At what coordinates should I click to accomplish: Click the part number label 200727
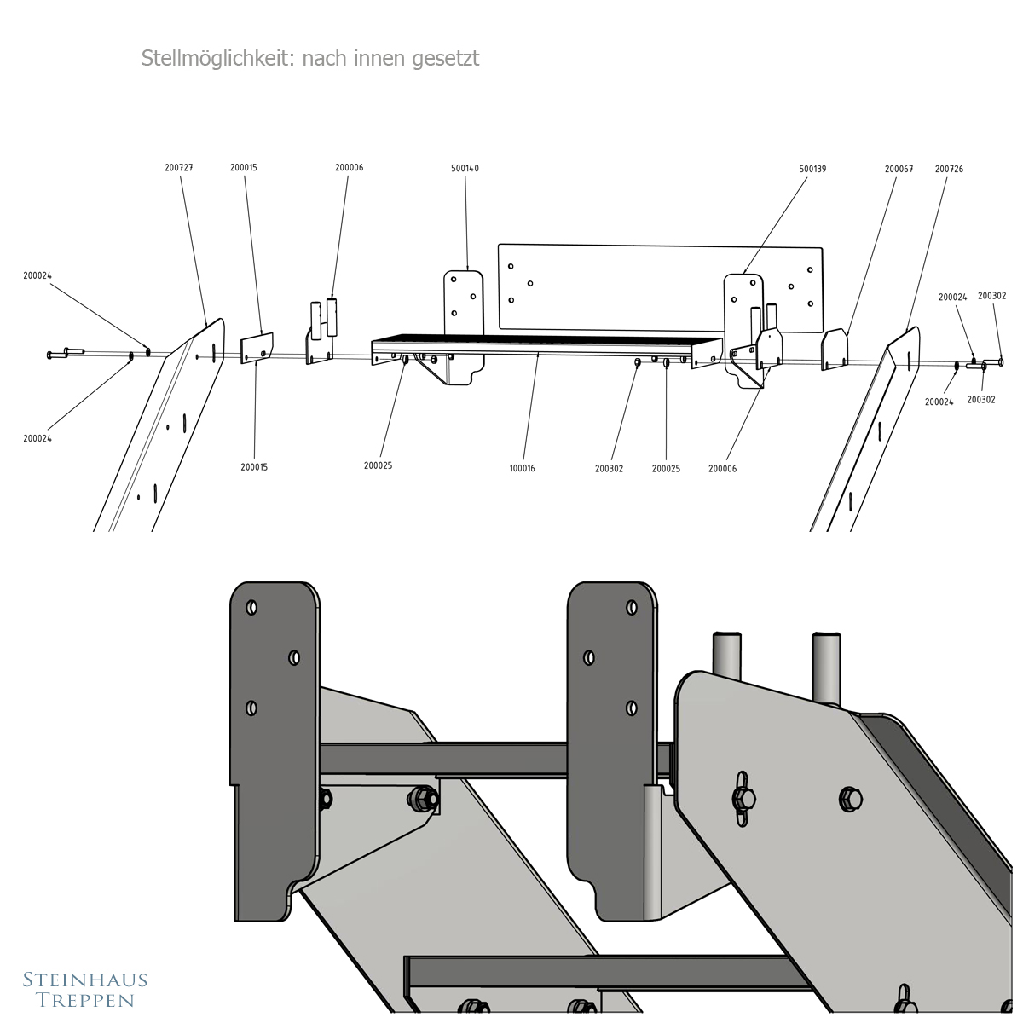click(x=179, y=168)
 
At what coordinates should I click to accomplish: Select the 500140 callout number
click(x=465, y=169)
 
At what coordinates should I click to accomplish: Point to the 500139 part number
click(x=812, y=169)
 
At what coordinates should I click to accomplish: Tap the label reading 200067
click(x=899, y=169)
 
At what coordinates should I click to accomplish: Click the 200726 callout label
click(x=949, y=169)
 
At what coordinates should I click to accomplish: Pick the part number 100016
click(x=522, y=468)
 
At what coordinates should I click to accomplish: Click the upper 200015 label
click(x=243, y=168)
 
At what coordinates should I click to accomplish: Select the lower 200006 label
click(x=722, y=468)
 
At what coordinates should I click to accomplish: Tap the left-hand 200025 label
click(x=378, y=465)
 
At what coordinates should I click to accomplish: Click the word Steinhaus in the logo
click(x=84, y=980)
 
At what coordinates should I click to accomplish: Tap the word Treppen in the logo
click(x=84, y=1000)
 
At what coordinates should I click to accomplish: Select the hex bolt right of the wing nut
click(x=850, y=799)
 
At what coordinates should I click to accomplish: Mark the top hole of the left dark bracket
click(x=251, y=608)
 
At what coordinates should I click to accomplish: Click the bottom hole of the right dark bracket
click(x=632, y=708)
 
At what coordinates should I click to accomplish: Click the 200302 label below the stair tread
click(x=609, y=468)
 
